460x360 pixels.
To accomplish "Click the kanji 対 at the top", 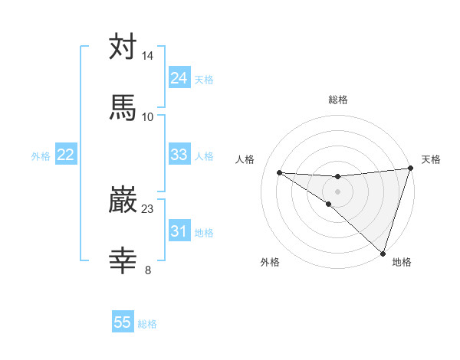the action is (123, 47).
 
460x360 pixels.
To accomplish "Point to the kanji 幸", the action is (123, 260).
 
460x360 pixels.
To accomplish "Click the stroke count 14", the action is (148, 56).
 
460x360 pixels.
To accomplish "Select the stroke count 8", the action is (148, 269).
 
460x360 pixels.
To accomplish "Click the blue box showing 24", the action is (179, 78).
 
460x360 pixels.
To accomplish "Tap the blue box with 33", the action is (179, 155).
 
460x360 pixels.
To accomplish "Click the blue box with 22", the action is (66, 155).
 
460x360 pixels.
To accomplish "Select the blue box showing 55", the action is (123, 322).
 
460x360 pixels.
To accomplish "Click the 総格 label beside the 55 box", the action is (147, 324).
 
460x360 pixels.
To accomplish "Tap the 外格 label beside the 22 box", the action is (41, 156).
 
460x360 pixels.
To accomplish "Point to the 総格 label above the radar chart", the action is (338, 100).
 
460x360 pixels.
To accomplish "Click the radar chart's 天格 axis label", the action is (431, 159).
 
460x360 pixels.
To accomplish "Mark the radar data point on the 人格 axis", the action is (279, 172).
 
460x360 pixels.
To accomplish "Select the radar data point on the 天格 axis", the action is (410, 169).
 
